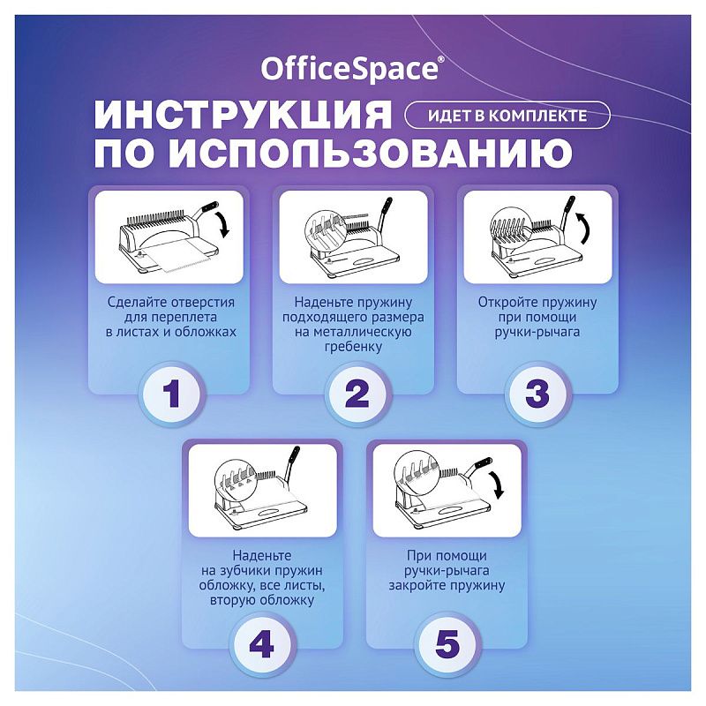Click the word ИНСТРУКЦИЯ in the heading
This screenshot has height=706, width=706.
pos(243,116)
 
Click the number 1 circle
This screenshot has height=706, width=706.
pos(172,394)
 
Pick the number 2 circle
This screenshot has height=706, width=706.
pos(357,394)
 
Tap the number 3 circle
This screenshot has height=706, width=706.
pos(537,394)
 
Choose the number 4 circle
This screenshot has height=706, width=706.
pos(262,644)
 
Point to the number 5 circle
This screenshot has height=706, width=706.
pos(447,644)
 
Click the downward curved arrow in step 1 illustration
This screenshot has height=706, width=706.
pos(225,224)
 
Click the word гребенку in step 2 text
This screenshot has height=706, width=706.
pos(357,347)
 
